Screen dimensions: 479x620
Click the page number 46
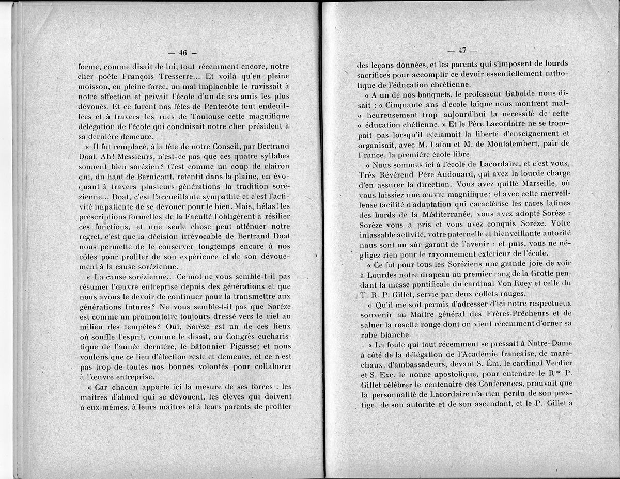coord(182,52)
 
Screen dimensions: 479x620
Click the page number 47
coord(461,51)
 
